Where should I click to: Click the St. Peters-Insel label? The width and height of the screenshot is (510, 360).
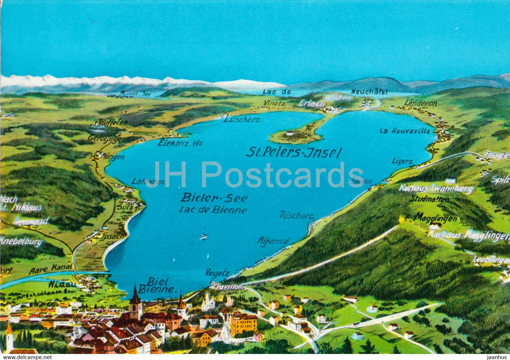[294, 153]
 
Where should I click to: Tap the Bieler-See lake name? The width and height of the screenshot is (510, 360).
[214, 198]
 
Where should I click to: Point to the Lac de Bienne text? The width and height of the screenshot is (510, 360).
[213, 210]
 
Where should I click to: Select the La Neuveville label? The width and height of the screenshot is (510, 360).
[405, 131]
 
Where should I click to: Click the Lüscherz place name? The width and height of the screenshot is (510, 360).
[242, 119]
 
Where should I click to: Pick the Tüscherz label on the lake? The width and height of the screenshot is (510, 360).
[297, 216]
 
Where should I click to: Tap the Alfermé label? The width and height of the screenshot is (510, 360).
[273, 241]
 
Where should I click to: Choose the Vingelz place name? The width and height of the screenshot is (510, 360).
[218, 273]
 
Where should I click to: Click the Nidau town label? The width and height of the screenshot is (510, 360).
[63, 284]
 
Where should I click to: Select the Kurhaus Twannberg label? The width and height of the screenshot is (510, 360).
[436, 189]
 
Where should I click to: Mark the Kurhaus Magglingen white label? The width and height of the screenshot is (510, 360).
[468, 236]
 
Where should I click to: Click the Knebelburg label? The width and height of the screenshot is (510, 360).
[21, 241]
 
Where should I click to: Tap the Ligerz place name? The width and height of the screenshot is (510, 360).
[402, 161]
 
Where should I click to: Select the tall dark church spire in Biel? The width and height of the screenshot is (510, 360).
[135, 301]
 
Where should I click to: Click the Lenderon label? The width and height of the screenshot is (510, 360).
[421, 103]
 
